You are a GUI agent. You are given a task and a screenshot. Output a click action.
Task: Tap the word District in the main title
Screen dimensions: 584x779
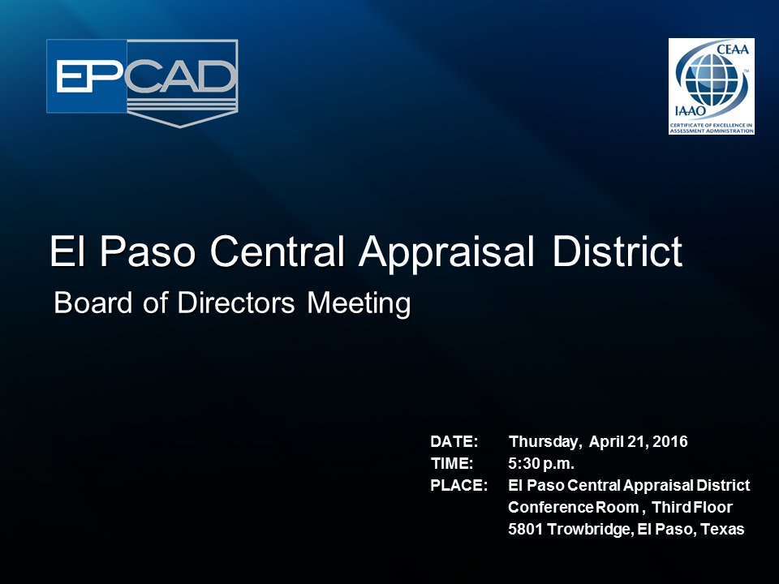click(618, 252)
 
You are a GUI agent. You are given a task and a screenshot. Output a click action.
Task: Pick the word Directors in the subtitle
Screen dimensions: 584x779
click(228, 303)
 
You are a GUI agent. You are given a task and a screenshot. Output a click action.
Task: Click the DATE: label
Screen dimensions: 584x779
click(454, 442)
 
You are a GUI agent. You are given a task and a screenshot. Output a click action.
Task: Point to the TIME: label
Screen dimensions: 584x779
click(452, 464)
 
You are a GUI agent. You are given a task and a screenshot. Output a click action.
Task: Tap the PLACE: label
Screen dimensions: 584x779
click(458, 486)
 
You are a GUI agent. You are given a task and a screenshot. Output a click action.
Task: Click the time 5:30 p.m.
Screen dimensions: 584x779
click(541, 464)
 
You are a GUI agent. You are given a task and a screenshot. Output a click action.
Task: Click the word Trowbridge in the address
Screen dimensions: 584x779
click(587, 530)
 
